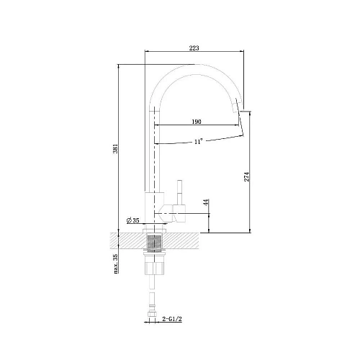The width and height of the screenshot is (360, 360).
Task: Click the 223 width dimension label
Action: (x=194, y=48)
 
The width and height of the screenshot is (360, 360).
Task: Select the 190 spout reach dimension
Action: (x=196, y=122)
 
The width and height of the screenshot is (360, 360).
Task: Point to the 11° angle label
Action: (x=198, y=142)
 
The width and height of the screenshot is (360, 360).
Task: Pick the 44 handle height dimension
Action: (x=207, y=204)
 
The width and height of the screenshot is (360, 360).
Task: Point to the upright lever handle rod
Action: (x=180, y=192)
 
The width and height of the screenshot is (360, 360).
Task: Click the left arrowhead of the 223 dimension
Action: (x=148, y=53)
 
